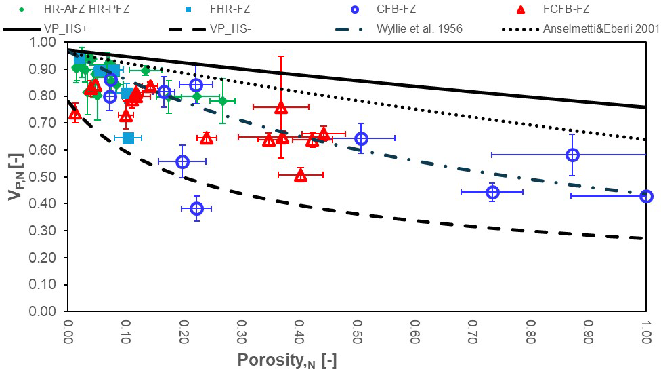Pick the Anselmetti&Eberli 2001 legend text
tap(601, 30)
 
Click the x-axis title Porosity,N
tap(286, 360)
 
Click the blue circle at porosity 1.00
tap(646, 196)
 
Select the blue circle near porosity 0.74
tap(492, 193)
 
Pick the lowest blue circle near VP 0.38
tap(196, 208)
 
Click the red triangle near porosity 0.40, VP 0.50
tap(301, 176)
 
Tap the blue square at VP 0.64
tap(128, 138)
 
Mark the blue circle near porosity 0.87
tap(572, 155)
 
